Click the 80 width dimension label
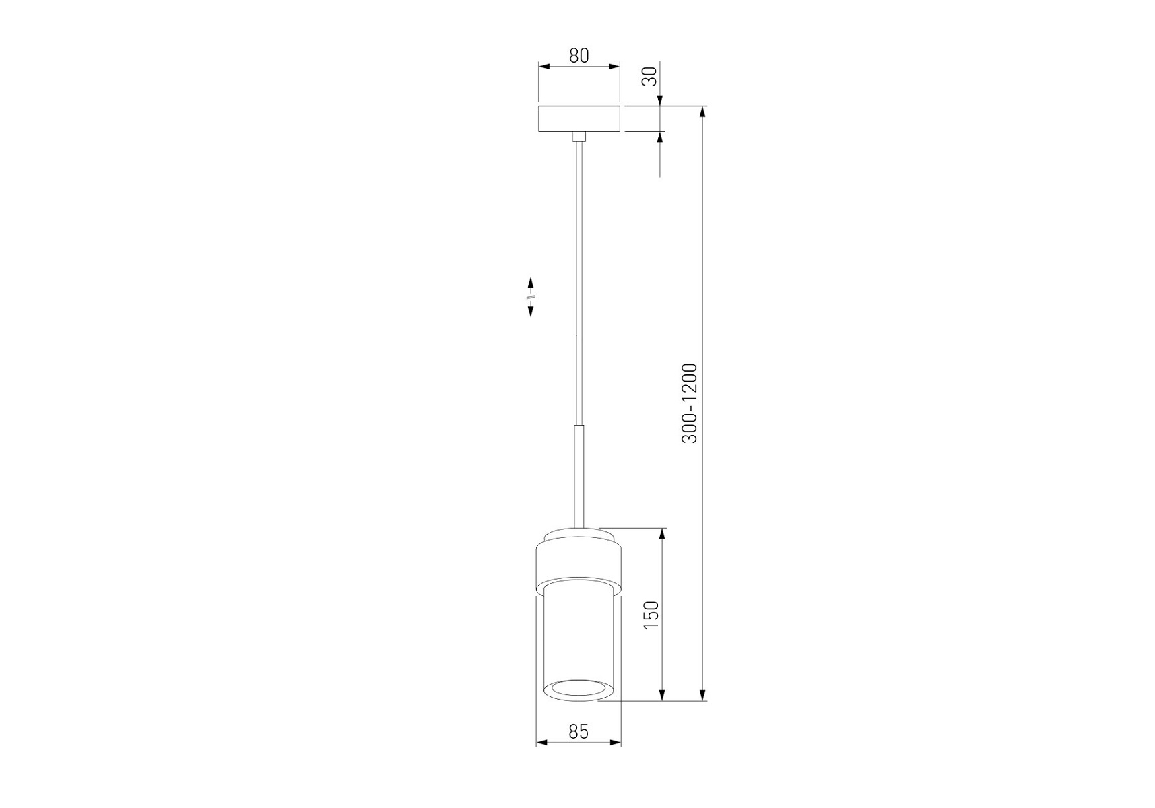(579, 56)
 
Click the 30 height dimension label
(650, 76)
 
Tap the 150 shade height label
(651, 614)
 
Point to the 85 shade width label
(579, 731)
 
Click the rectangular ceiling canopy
(579, 119)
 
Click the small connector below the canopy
(579, 136)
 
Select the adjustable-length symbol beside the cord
(531, 296)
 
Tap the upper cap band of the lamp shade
(579, 558)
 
